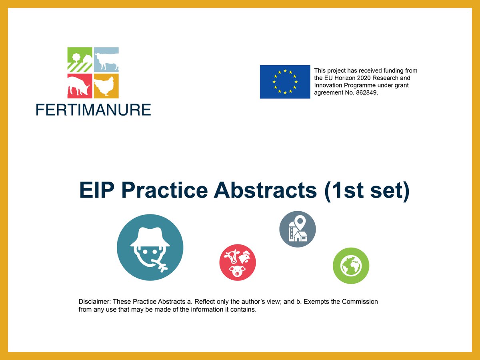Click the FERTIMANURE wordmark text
click(93, 109)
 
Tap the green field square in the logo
click(80, 60)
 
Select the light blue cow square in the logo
click(106, 60)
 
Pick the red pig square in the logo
click(80, 86)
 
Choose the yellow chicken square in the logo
click(106, 86)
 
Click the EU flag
click(285, 82)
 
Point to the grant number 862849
click(366, 92)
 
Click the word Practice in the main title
click(164, 190)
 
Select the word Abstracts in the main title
click(264, 190)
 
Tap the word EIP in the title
click(97, 190)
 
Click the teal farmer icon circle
click(150, 247)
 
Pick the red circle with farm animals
click(238, 262)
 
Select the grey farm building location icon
click(298, 229)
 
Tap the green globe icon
click(351, 266)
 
